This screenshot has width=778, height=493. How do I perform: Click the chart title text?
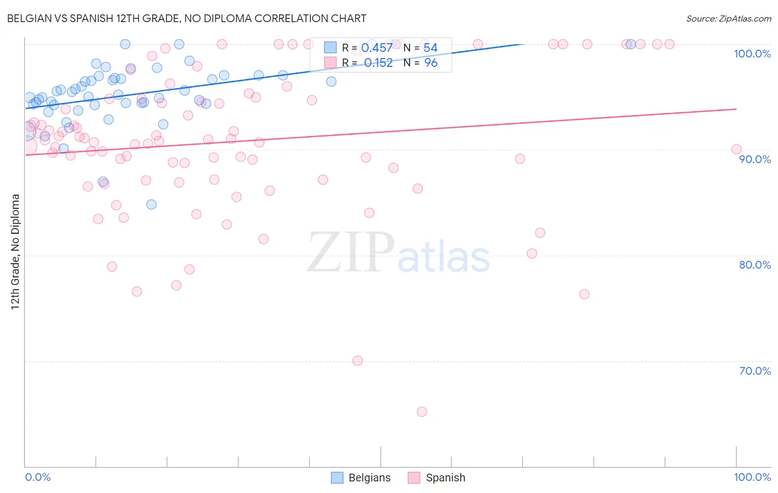pos(186,18)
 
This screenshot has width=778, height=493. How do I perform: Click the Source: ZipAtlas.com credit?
pos(728,18)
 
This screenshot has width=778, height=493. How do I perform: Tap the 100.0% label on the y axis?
pos(752,54)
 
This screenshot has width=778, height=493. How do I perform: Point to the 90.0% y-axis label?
pos(755,159)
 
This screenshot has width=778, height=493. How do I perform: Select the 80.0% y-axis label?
pos(755,265)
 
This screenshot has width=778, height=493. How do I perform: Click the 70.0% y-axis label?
pos(755,371)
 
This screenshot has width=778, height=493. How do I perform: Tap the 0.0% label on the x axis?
pos(38,477)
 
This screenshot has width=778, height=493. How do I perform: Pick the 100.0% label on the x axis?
pos(752,477)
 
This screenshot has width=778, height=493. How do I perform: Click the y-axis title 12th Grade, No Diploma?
pos(15,251)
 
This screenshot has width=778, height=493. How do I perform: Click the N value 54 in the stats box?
pos(431,48)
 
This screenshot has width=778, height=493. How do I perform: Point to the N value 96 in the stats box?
pos(431,63)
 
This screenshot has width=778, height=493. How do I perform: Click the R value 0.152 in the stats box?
pos(378,63)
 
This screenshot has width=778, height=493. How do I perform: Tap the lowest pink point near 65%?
pos(422,412)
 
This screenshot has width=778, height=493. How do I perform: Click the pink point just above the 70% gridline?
pos(357,360)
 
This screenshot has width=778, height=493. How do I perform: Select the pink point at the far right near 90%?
pos(736,149)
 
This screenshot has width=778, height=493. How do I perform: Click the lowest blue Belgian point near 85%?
pos(151,204)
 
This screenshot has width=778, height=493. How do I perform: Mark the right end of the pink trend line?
pos(736,109)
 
